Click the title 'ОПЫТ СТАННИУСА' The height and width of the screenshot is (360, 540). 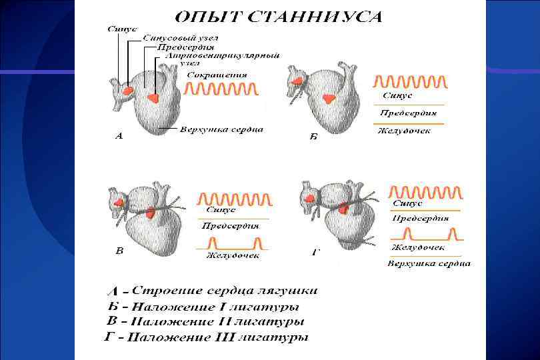[279, 16]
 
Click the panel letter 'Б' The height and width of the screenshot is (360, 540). [313, 136]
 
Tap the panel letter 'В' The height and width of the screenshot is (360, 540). [119, 251]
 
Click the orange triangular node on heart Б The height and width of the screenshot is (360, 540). [329, 99]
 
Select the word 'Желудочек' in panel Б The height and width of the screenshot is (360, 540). [404, 131]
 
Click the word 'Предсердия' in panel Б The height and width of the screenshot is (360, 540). [407, 113]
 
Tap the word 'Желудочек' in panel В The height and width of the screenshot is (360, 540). [232, 255]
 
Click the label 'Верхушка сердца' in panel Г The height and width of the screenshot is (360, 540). [429, 263]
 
